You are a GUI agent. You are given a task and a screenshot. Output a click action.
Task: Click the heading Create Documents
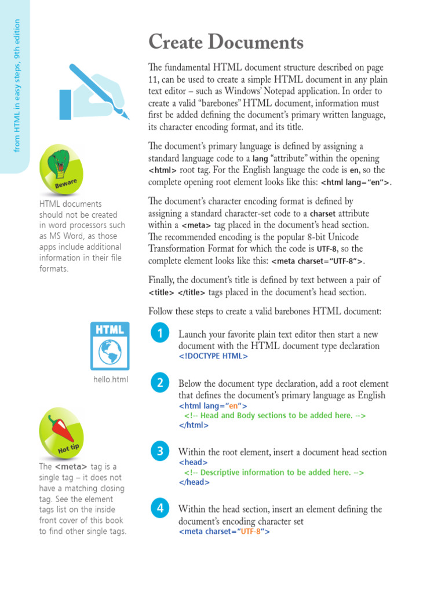click(x=225, y=42)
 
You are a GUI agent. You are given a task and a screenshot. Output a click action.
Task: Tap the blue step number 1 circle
click(x=159, y=333)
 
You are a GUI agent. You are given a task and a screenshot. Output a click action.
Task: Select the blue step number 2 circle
click(x=159, y=382)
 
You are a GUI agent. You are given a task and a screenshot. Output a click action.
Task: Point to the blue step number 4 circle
click(x=159, y=508)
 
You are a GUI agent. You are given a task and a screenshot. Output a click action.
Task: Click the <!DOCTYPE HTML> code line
click(x=213, y=356)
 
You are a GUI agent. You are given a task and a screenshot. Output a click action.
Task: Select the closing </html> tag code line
click(x=194, y=424)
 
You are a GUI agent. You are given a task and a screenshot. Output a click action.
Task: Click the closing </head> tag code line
click(x=194, y=482)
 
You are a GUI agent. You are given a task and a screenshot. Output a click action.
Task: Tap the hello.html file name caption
click(x=110, y=380)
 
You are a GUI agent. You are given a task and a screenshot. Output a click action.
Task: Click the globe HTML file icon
click(x=110, y=346)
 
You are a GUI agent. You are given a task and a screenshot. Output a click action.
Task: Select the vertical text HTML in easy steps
click(x=17, y=86)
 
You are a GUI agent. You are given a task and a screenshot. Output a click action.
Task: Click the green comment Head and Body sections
click(x=275, y=415)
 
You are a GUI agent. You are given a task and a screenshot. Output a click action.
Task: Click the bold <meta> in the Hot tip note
click(x=71, y=467)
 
